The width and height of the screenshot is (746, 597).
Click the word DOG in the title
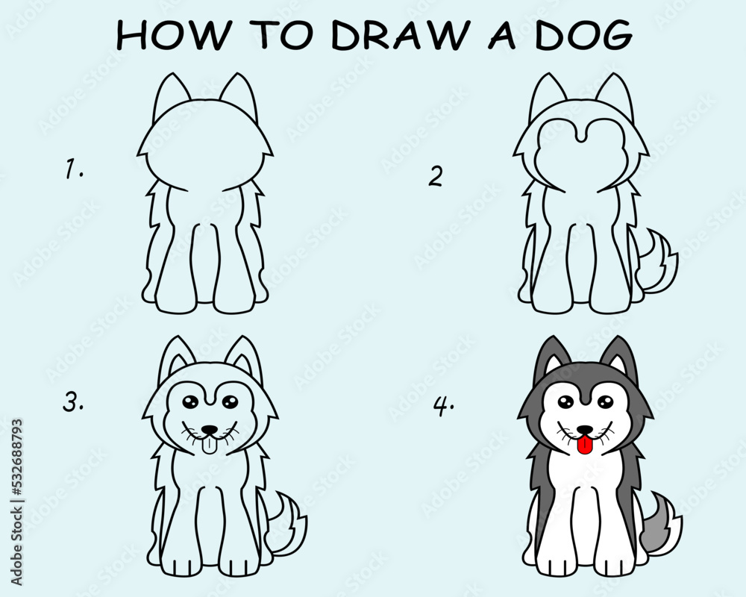click(x=584, y=34)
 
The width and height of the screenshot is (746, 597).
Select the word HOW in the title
click(x=173, y=35)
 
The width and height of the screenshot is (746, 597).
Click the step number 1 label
click(x=73, y=169)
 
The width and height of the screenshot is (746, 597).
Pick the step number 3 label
click(x=73, y=401)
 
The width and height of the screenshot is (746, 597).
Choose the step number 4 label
click(x=443, y=406)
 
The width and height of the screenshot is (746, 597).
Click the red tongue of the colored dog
click(x=584, y=446)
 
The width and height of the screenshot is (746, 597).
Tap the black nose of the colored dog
click(x=584, y=430)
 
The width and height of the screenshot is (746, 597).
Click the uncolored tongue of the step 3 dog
click(x=208, y=445)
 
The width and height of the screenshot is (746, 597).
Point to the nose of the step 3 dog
click(x=209, y=431)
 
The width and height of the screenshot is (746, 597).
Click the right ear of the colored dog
click(x=618, y=356)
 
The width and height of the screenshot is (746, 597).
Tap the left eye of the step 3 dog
click(x=189, y=401)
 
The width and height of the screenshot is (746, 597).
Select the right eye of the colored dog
click(x=606, y=401)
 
